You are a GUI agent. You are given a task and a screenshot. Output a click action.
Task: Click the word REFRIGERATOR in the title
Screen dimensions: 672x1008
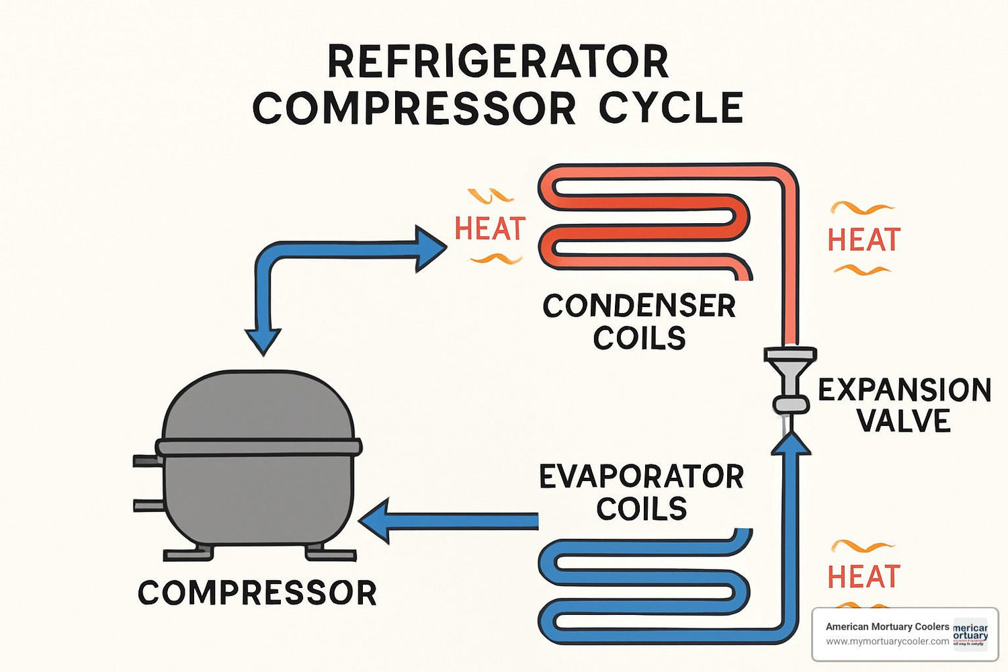tap(497, 62)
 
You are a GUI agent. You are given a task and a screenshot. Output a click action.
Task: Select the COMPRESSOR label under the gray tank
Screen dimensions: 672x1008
tap(257, 593)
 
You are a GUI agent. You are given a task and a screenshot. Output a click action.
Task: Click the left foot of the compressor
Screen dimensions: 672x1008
tap(188, 554)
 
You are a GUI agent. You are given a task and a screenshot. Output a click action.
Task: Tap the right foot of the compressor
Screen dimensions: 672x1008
tap(330, 554)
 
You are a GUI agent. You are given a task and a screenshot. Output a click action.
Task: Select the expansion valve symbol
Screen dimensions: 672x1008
tap(790, 380)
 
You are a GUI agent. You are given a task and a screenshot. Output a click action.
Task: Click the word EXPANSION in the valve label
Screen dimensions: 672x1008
tap(904, 390)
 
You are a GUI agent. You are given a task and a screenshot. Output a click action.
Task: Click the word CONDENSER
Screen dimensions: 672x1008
tap(638, 306)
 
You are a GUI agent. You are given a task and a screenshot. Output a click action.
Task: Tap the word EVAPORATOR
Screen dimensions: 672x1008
tap(641, 477)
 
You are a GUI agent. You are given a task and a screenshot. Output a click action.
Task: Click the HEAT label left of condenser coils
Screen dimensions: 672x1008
tap(489, 228)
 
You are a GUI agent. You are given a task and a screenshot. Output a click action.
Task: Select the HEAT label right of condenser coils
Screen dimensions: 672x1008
tap(863, 240)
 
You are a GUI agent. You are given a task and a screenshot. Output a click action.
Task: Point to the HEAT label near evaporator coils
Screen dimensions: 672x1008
tap(863, 577)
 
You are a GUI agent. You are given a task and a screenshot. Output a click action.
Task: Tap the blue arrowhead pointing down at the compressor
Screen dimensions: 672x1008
tap(263, 341)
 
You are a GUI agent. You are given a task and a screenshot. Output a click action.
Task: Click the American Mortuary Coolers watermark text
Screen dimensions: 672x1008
tap(887, 626)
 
